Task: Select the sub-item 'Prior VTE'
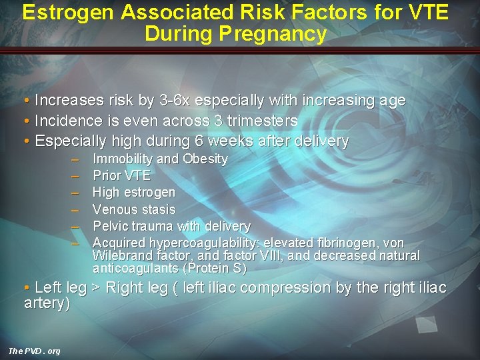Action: coord(121,176)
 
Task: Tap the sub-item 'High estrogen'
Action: coord(133,193)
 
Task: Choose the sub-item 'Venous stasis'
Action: coord(133,209)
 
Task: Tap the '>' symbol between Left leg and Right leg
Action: coord(96,288)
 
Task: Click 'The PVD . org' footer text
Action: coord(34,351)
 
